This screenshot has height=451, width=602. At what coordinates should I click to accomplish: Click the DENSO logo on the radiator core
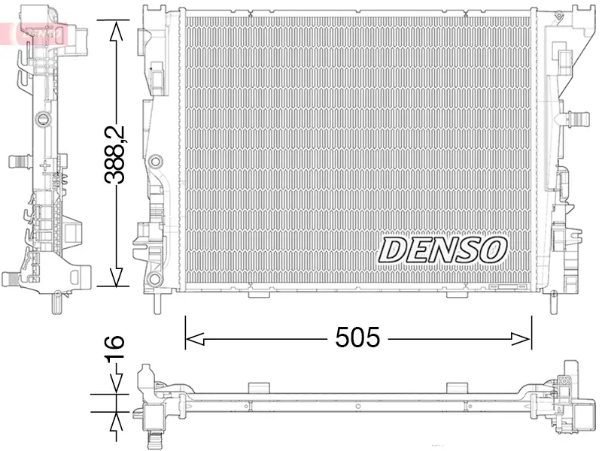[443, 250]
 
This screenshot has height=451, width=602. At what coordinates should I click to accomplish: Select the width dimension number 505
[358, 338]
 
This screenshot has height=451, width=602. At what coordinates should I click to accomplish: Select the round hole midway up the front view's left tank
[156, 162]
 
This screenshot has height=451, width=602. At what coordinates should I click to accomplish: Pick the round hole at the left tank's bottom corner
[155, 280]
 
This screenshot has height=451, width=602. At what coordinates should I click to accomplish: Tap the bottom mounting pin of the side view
[55, 302]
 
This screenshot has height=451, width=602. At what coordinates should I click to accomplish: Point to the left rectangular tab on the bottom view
[258, 386]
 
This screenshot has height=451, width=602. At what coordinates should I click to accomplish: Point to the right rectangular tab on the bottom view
[457, 386]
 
